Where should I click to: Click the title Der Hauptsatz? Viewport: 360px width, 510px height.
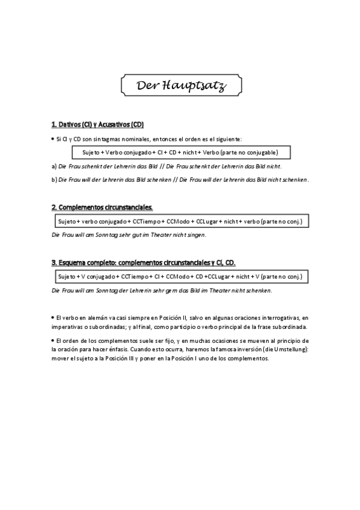(181, 86)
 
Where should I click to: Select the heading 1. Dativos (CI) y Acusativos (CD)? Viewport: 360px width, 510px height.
(98, 125)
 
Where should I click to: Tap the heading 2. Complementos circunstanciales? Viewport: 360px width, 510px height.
(102, 207)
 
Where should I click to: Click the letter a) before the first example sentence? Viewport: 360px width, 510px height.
(55, 166)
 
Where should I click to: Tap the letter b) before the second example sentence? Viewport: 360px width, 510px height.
(55, 179)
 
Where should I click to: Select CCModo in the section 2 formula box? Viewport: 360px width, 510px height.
(180, 221)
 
